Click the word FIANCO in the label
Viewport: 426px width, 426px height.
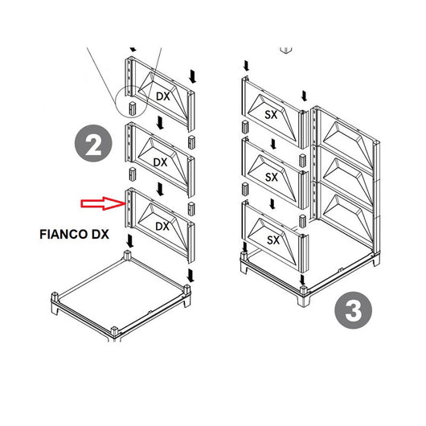(x=63, y=237)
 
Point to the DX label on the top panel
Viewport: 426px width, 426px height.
(x=162, y=96)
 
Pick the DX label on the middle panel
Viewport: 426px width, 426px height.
(x=161, y=162)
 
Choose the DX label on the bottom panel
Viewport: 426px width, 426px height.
(x=162, y=227)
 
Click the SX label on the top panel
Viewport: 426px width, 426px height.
(x=272, y=115)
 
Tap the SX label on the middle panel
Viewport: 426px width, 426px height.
(x=272, y=176)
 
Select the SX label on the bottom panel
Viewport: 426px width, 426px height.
(x=272, y=240)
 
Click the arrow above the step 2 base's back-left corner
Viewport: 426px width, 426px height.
(x=128, y=240)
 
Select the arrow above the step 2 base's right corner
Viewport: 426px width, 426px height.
(x=190, y=276)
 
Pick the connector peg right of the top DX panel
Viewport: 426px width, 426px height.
(x=192, y=141)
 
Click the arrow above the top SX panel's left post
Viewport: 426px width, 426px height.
(x=246, y=63)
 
